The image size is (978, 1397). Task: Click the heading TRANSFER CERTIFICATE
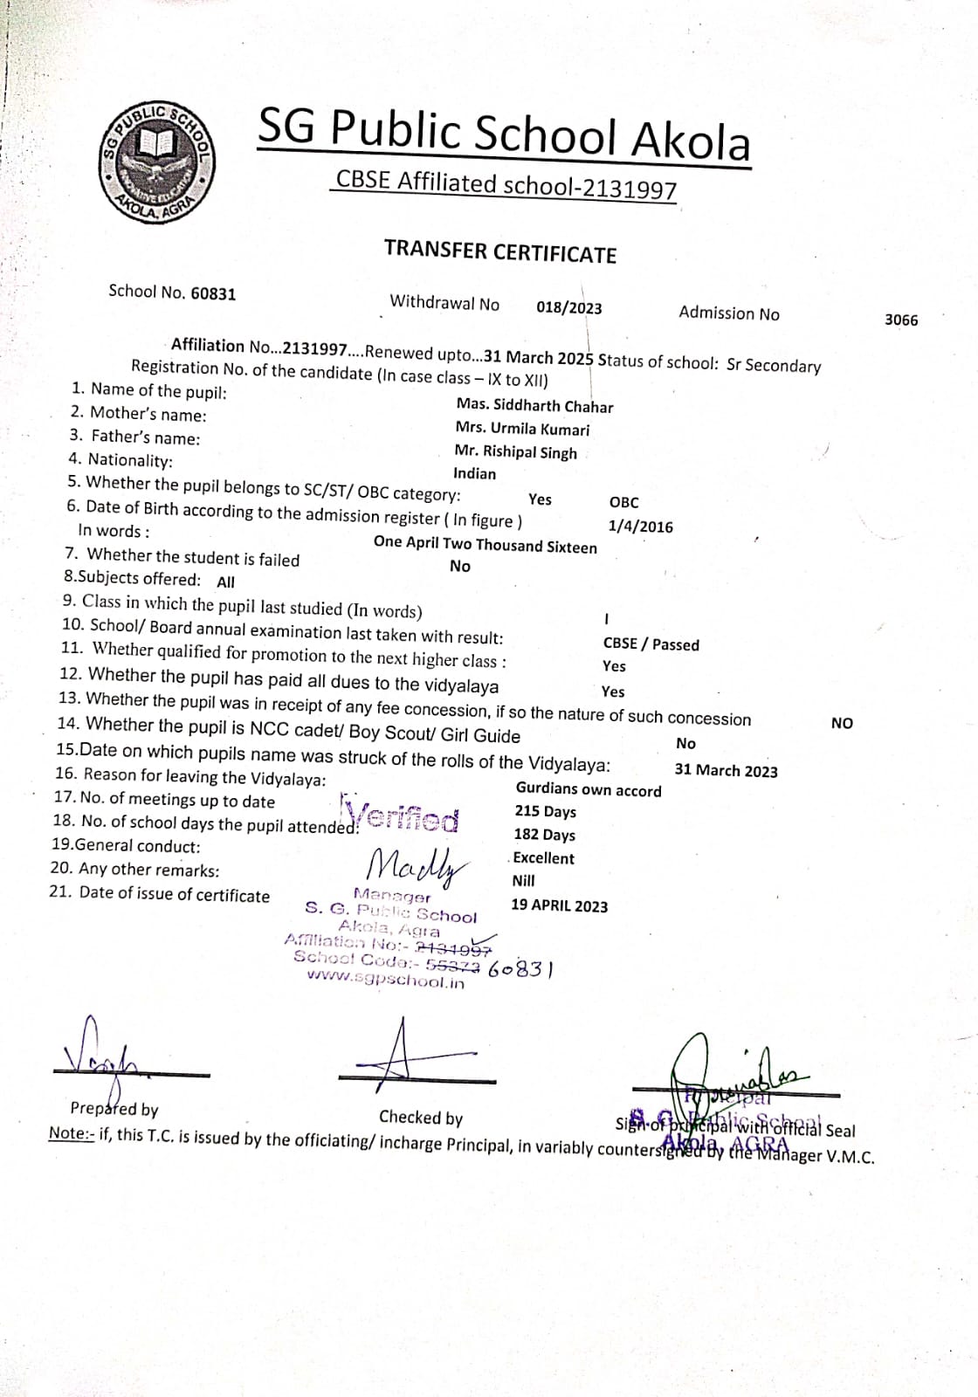pos(500,251)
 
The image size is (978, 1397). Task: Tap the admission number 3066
pos(901,320)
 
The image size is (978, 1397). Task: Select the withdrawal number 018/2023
pos(568,307)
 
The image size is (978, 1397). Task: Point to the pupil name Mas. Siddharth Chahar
pos(534,406)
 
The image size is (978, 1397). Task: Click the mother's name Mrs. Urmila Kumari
pos(522,429)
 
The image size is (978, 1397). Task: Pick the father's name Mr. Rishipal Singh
pos(515,452)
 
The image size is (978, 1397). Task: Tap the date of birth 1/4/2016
pos(640,526)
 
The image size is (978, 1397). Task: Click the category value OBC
pos(623,502)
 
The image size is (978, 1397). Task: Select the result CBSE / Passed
pos(651,644)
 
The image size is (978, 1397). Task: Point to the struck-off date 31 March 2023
pos(726,770)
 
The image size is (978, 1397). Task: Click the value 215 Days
pos(545,811)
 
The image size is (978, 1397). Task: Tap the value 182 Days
pos(544,835)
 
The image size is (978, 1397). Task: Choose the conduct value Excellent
pos(543,858)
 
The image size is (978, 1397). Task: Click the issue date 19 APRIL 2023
pos(559,905)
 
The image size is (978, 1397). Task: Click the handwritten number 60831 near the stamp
pos(521,969)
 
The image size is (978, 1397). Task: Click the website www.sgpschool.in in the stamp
pos(385,981)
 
